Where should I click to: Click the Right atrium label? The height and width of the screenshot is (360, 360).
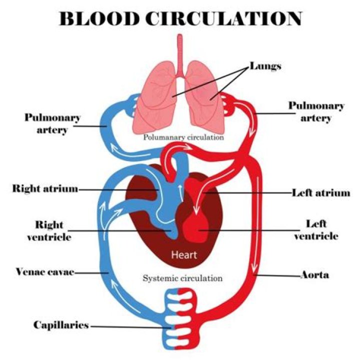click(45, 189)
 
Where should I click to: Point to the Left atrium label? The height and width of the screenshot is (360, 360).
click(320, 192)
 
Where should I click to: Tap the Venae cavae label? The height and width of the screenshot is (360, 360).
click(44, 272)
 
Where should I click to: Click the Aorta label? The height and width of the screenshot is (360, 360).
click(314, 275)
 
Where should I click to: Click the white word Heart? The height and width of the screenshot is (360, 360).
click(184, 255)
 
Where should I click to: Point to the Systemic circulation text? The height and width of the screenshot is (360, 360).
click(182, 278)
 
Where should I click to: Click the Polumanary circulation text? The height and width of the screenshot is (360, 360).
click(183, 136)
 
